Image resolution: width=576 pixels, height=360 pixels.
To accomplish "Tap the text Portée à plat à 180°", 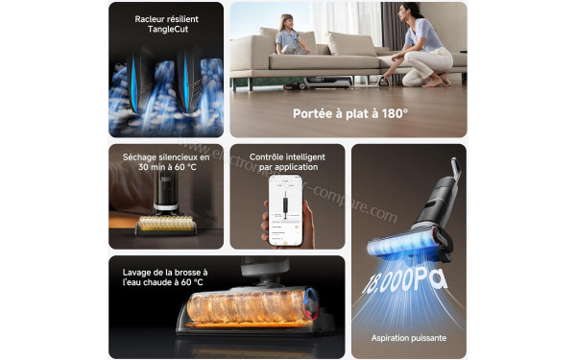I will [x=350, y=113].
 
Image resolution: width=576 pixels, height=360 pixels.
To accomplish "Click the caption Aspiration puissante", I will [x=408, y=338].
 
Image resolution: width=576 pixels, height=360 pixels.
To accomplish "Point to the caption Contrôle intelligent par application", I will [x=286, y=161].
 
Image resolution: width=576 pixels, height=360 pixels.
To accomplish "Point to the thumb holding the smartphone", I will [x=267, y=219].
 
